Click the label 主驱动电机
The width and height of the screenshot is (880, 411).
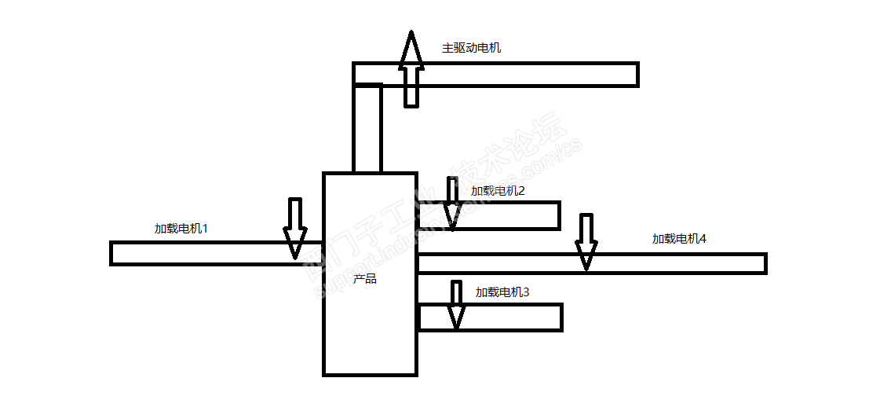(x=471, y=48)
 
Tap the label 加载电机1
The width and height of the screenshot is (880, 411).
(x=181, y=229)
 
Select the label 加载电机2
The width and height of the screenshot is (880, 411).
(x=497, y=190)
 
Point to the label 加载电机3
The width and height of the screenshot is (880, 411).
(x=502, y=292)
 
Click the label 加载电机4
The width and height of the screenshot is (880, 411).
(x=679, y=239)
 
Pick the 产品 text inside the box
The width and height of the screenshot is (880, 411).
(x=364, y=279)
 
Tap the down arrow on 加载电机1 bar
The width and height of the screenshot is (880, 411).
(x=294, y=228)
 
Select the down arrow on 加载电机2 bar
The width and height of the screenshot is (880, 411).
(x=451, y=202)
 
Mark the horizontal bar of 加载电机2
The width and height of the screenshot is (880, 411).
(x=510, y=215)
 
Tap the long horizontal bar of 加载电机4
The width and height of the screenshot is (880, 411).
(x=675, y=263)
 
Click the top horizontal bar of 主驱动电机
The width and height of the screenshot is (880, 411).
(x=534, y=74)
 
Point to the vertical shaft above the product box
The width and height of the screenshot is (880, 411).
(x=367, y=130)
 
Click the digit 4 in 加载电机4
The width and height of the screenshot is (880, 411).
(x=703, y=239)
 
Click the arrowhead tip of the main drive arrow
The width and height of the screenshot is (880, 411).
(x=411, y=34)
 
